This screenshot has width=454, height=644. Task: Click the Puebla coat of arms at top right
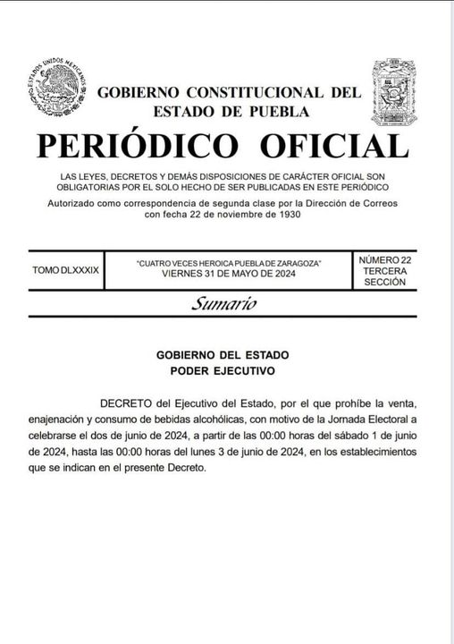[x=394, y=91]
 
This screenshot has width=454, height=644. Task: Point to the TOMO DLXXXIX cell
[x=65, y=268]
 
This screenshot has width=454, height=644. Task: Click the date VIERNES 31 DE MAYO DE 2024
[x=228, y=274]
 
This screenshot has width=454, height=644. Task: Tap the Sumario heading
[x=223, y=304]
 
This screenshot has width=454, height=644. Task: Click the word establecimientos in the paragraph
[x=375, y=453]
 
